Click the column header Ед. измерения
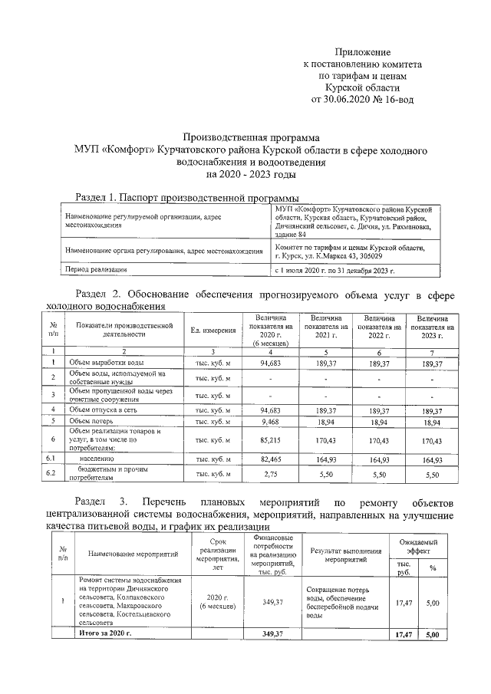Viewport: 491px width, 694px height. click(x=213, y=330)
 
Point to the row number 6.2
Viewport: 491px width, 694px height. click(x=52, y=475)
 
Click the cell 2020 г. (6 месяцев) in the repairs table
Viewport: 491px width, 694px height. click(x=216, y=601)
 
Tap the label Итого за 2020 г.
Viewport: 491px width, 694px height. click(x=106, y=635)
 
